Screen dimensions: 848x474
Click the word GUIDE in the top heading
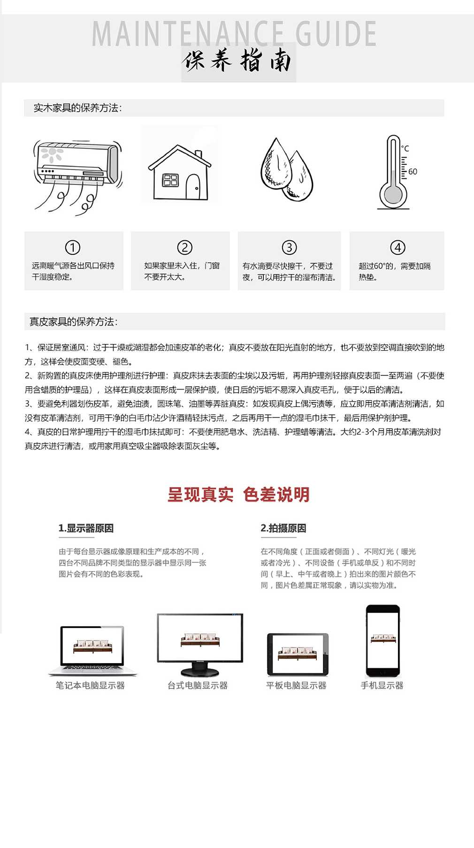coord(336,34)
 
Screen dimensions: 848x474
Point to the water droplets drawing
coord(286,169)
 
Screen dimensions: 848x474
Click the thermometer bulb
coord(393,194)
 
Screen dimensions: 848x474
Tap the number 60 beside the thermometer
coord(413,172)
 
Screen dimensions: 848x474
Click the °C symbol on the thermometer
coord(405,149)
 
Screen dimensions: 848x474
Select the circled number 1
coord(73,247)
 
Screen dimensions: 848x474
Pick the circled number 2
coord(184,247)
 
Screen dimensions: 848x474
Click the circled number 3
coord(289,247)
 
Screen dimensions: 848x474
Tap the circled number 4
coord(398,247)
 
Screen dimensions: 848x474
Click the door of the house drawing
coord(193,187)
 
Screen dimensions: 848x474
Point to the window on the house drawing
coord(170,180)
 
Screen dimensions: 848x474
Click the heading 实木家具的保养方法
coord(77,108)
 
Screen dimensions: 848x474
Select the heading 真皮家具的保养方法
coord(74,322)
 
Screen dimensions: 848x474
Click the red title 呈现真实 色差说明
coord(238,495)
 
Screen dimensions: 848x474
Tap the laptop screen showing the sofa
coord(92,645)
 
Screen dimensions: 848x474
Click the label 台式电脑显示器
coord(198,686)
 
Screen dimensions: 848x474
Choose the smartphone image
coord(383,641)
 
